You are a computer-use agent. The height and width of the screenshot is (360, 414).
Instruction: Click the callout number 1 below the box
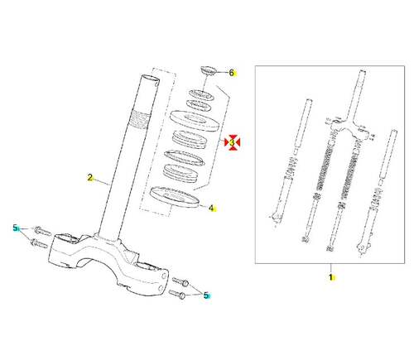click(330, 277)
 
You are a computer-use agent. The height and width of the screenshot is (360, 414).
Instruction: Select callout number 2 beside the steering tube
click(89, 177)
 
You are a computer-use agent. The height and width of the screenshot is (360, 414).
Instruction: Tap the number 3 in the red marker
click(232, 142)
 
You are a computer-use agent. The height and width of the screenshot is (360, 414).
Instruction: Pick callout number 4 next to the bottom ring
click(211, 209)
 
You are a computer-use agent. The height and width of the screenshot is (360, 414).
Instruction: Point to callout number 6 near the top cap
click(232, 73)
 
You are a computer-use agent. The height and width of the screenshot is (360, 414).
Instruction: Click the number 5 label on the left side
click(15, 228)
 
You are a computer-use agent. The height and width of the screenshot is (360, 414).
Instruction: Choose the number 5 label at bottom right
click(206, 295)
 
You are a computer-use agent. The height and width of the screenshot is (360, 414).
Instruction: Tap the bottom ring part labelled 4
click(174, 196)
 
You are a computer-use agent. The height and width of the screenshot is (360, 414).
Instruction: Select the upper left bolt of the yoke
click(42, 231)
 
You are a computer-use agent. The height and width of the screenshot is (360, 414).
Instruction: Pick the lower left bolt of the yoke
click(39, 243)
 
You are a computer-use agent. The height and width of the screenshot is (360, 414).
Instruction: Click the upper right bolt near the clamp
click(181, 281)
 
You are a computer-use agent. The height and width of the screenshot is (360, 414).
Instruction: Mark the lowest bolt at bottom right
click(177, 294)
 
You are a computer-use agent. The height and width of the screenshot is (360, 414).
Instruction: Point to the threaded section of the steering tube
click(141, 118)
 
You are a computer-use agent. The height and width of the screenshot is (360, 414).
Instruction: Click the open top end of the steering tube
click(151, 79)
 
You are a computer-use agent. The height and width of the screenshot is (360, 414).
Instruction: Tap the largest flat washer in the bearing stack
click(195, 121)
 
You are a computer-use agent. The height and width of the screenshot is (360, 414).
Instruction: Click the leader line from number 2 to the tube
click(102, 181)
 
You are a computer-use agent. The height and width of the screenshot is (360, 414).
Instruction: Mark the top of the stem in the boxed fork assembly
click(363, 72)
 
